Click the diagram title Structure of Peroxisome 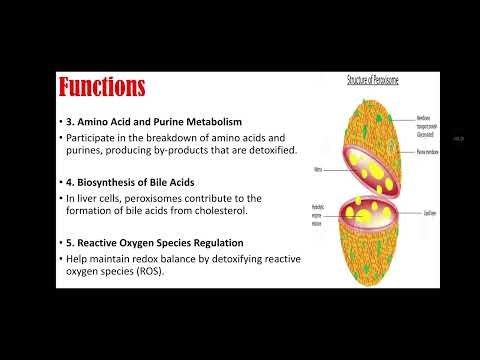pyautogui.click(x=374, y=77)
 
